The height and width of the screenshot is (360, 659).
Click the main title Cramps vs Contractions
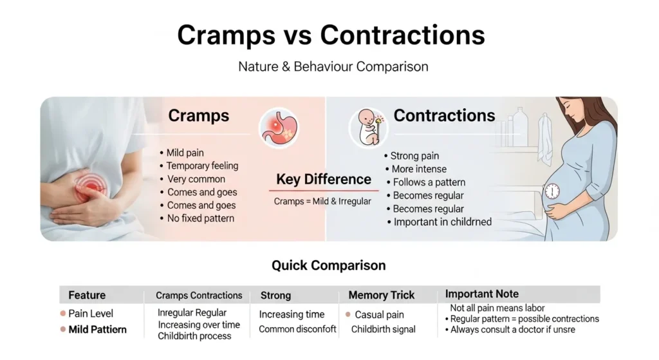331,35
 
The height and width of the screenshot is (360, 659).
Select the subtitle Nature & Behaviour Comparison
333,66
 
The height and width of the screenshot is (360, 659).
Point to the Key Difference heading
324,180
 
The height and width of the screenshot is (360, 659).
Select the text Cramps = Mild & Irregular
322,201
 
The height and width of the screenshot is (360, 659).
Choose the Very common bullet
196,179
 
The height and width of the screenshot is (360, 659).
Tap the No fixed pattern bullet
200,218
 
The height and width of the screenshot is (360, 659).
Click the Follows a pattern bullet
429,182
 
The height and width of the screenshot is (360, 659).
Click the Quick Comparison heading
328,265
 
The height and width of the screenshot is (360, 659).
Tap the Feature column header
87,295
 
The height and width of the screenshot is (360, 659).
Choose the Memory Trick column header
381,295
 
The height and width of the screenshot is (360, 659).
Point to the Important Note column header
482,294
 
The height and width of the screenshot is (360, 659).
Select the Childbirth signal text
383,329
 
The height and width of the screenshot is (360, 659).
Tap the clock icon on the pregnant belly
551,191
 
